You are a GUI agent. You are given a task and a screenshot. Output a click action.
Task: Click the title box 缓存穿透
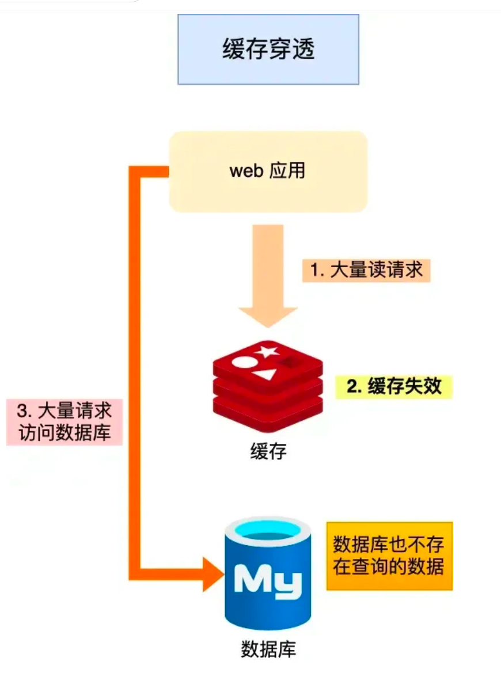pyautogui.click(x=268, y=50)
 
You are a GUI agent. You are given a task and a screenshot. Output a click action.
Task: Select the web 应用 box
pyautogui.click(x=268, y=172)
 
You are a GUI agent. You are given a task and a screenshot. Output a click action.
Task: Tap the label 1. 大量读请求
pyautogui.click(x=366, y=270)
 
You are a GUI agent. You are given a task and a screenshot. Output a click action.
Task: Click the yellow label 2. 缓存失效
pyautogui.click(x=394, y=386)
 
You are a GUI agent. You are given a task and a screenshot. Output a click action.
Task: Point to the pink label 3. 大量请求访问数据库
pyautogui.click(x=64, y=422)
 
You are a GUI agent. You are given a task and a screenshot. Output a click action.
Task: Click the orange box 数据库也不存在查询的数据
pyautogui.click(x=389, y=556)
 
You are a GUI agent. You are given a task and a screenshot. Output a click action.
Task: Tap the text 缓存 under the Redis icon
pyautogui.click(x=268, y=451)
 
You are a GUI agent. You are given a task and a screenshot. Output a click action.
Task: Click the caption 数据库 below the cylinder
pyautogui.click(x=268, y=650)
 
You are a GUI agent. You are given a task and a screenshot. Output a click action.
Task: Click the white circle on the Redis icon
pyautogui.click(x=242, y=364)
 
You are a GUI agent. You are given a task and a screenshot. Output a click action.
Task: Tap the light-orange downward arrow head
pyautogui.click(x=268, y=315)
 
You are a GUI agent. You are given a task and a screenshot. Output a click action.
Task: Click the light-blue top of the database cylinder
pyautogui.click(x=268, y=531)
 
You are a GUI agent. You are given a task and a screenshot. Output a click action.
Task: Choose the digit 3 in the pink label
pyautogui.click(x=22, y=411)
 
